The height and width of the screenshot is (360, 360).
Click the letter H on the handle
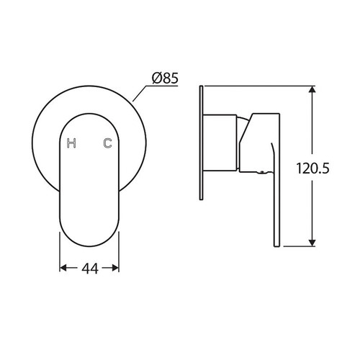point(71,143)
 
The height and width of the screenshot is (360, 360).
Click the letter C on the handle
point(108,143)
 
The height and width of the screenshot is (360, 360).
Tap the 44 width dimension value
point(90,269)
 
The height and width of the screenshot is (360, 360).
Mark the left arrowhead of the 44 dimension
point(63,268)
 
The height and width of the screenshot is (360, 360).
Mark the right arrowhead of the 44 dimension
point(115,268)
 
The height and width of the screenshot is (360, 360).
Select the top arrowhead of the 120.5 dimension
point(312,91)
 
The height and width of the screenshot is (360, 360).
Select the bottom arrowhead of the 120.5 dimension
point(312,242)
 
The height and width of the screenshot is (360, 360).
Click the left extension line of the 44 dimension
point(58,252)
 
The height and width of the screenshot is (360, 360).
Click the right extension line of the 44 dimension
point(120,252)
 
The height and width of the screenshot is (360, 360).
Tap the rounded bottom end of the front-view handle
point(89,241)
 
